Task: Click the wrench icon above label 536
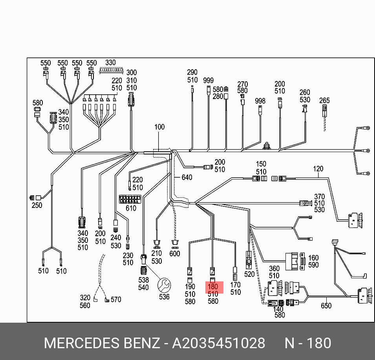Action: point(164,284)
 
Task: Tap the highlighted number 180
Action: point(213,287)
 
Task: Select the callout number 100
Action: point(159,127)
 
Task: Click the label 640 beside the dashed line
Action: point(187,178)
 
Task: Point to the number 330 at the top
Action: point(111,62)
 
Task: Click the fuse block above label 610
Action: point(130,199)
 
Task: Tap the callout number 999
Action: point(209,80)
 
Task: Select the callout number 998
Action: point(260,101)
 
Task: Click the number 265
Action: point(325,100)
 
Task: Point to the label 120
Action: point(318,169)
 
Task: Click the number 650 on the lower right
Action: point(326,306)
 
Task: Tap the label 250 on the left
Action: point(37,205)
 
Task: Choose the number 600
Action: point(175,253)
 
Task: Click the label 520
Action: point(249,274)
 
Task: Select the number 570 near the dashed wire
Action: point(116,299)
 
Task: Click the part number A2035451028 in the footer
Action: point(219,343)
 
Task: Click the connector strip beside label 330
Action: point(112,70)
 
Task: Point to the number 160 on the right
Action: point(313,258)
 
